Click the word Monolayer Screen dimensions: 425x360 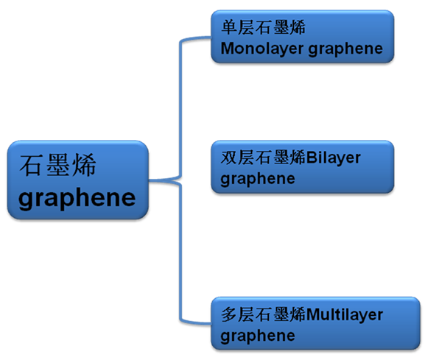pos(261,49)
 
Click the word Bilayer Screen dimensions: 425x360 pos(334,158)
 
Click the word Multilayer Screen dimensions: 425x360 pos(345,315)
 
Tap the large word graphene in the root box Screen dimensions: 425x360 pos(77,198)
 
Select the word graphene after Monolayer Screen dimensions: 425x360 pos(345,49)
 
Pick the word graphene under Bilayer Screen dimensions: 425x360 pos(258,179)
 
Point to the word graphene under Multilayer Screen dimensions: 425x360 pos(258,336)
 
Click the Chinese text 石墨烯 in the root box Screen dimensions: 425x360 pos(58,165)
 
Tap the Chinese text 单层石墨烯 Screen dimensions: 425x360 pos(263,27)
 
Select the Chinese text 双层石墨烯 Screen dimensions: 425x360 pos(263,158)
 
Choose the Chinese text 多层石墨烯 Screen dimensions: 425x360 pos(263,314)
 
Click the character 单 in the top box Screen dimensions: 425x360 pos(229,27)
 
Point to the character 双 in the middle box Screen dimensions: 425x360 pos(229,158)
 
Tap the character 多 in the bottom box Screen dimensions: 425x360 pos(229,314)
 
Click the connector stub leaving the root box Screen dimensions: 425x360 pos(164,180)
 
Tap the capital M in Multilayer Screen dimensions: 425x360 pos(313,315)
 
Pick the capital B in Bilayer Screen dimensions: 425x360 pos(312,158)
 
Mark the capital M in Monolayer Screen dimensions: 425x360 pos(228,49)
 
